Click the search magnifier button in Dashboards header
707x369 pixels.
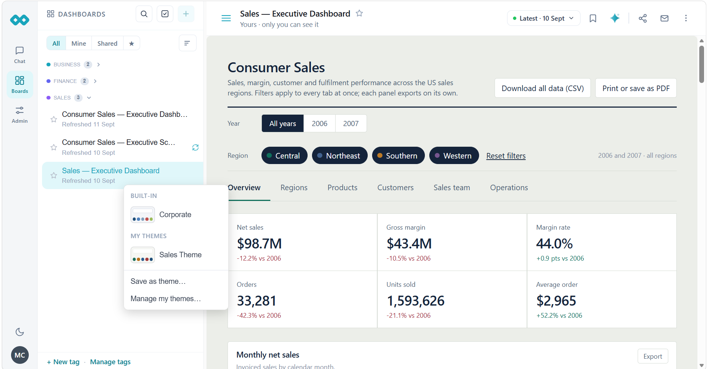pyautogui.click(x=144, y=14)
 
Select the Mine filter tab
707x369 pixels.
pyautogui.click(x=79, y=43)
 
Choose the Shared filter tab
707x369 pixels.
pyautogui.click(x=107, y=43)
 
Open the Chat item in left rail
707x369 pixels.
pyautogui.click(x=20, y=55)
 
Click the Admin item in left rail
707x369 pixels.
pyautogui.click(x=20, y=115)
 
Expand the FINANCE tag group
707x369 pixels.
pyautogui.click(x=95, y=81)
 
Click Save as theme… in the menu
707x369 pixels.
pyautogui.click(x=158, y=281)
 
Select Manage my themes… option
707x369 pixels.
pyautogui.click(x=166, y=299)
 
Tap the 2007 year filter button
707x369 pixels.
pyautogui.click(x=351, y=123)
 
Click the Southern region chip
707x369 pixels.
pyautogui.click(x=398, y=156)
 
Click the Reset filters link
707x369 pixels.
pyautogui.click(x=506, y=156)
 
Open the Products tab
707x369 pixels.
pyautogui.click(x=342, y=188)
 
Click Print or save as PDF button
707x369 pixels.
pyautogui.click(x=636, y=88)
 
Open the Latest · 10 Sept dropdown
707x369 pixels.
pyautogui.click(x=543, y=18)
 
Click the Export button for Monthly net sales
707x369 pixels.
pyautogui.click(x=653, y=356)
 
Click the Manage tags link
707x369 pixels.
pyautogui.click(x=110, y=362)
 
